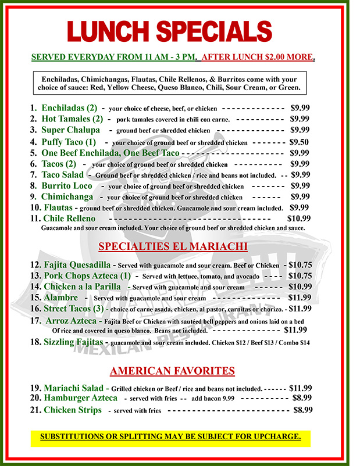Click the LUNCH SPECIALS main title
tap(169, 30)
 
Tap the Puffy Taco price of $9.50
tap(300, 142)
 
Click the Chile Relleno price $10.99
tap(299, 218)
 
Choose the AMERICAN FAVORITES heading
tap(172, 371)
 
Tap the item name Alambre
tap(60, 297)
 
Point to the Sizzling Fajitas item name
tap(74, 342)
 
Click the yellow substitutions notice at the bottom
tap(170, 436)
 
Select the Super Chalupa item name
tap(70, 130)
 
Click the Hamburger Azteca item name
tap(80, 398)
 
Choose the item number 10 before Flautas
tap(34, 207)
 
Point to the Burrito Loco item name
tap(67, 186)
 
